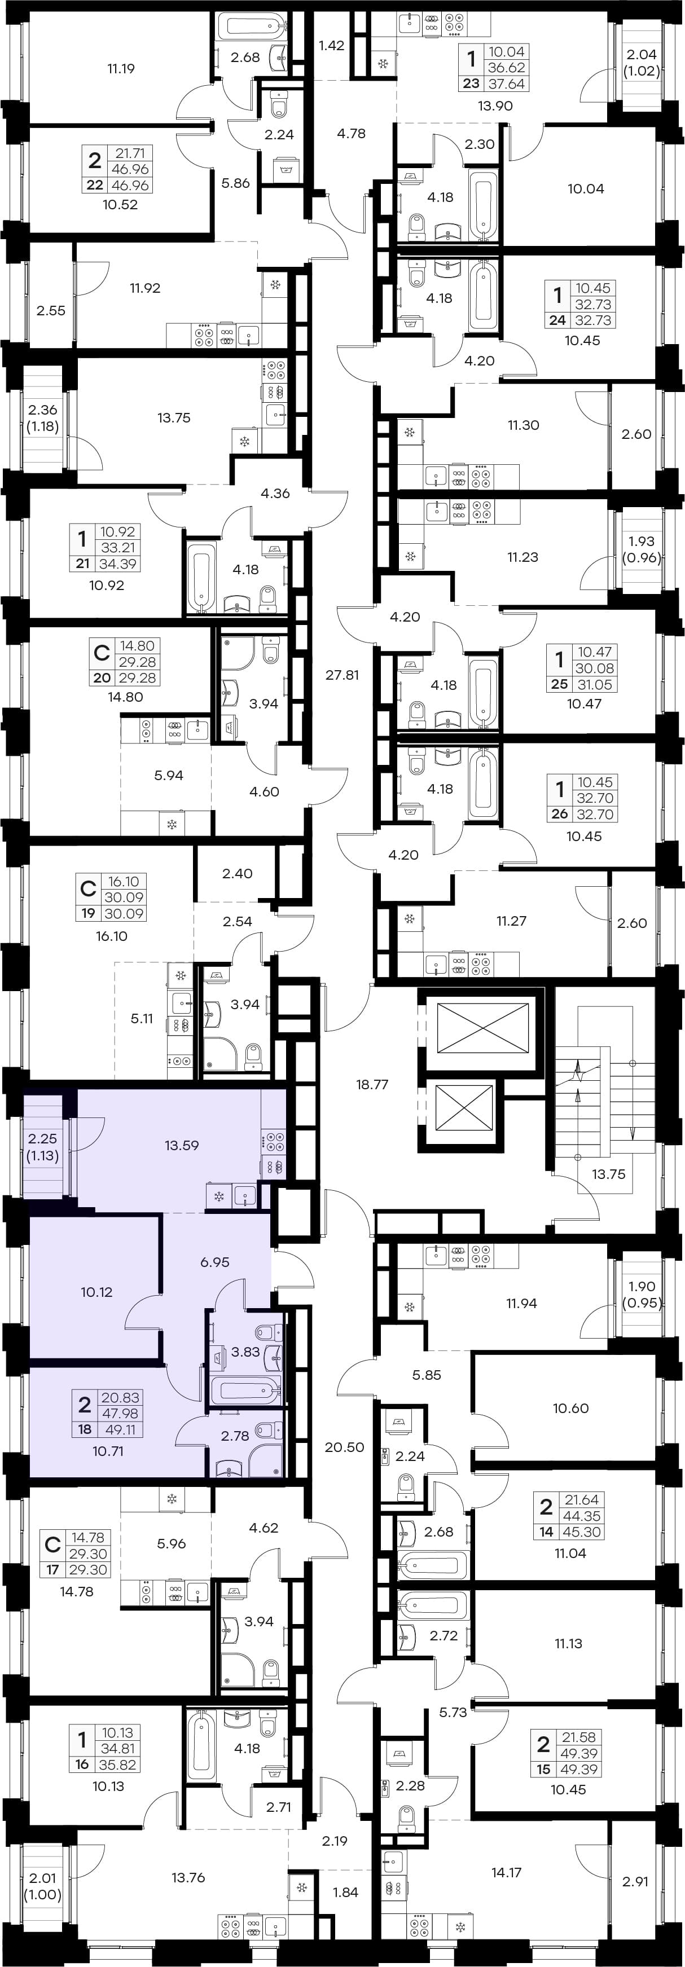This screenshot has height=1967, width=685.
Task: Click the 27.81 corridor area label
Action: click(342, 675)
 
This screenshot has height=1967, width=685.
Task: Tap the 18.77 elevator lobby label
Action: click(372, 1084)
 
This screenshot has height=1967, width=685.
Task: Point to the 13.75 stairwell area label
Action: click(609, 1174)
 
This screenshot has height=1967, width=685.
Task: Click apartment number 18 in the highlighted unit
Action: click(85, 1429)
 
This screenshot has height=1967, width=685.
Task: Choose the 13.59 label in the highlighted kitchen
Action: click(182, 1145)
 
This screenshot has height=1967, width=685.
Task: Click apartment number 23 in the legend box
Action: click(471, 84)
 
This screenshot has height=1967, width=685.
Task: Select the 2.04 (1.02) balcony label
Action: click(642, 63)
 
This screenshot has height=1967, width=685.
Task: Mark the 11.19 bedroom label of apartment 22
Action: click(121, 69)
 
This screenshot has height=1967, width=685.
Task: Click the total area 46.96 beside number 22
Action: click(130, 186)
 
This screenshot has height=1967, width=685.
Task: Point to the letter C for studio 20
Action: click(102, 654)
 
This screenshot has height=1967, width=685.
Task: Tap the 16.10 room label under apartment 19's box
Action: click(112, 936)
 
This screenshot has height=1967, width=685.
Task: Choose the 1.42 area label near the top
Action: click(331, 46)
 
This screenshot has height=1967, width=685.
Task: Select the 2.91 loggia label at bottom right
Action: click(635, 1881)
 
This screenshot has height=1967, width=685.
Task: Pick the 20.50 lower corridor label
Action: click(344, 1447)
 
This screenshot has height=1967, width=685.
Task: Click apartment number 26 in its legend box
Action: click(560, 814)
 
